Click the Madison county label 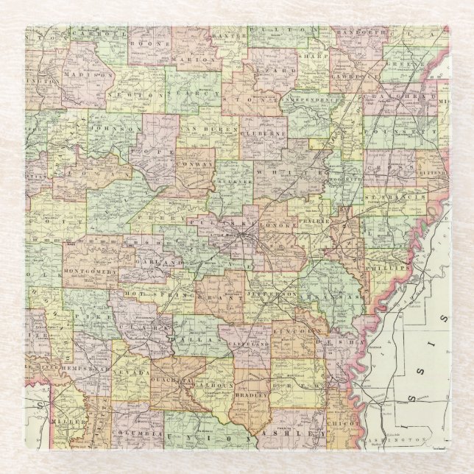point(88,74)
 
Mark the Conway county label point(195,164)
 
